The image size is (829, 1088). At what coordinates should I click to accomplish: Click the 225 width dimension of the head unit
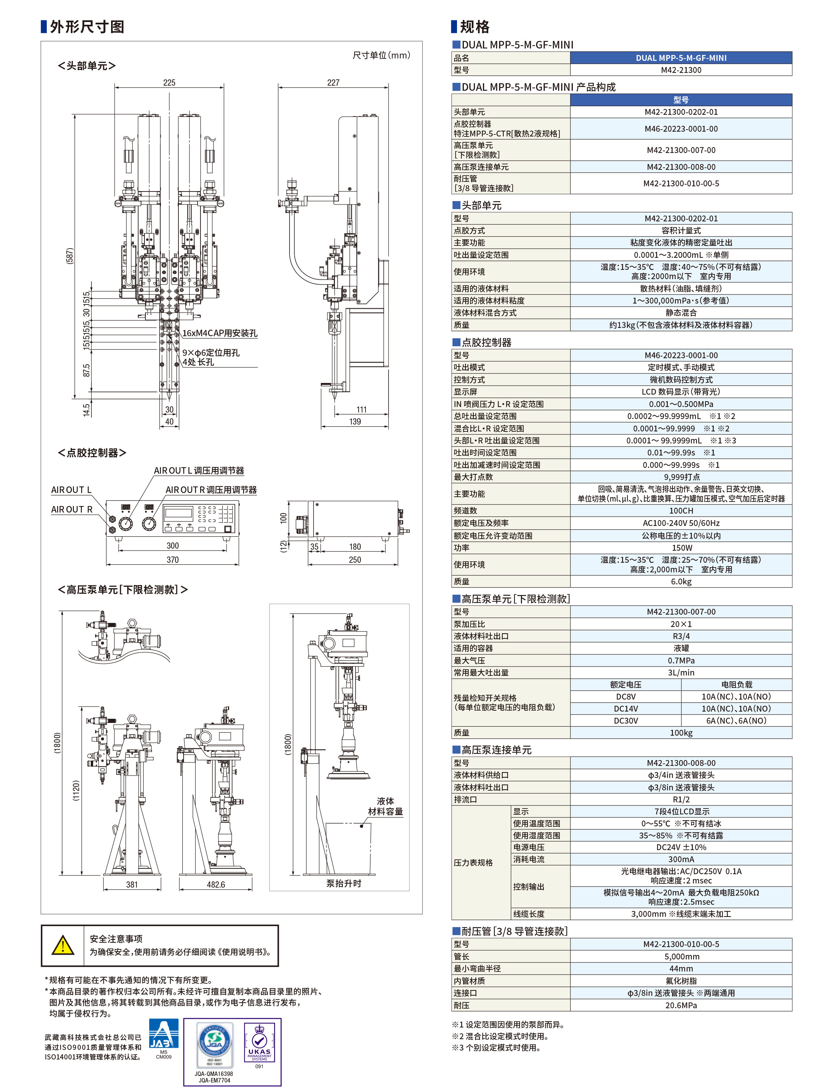(x=169, y=83)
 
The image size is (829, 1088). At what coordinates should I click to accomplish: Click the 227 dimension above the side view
(x=333, y=83)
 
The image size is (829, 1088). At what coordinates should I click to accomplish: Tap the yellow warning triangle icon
(x=63, y=945)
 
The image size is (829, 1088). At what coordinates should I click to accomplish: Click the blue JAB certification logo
(x=163, y=1034)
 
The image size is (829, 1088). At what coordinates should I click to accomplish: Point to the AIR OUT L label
(x=71, y=490)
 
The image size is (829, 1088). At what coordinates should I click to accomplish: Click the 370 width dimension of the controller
(x=173, y=560)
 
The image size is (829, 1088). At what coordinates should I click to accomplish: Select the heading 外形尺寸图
(x=87, y=26)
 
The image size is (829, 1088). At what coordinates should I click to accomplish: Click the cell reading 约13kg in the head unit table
(x=680, y=325)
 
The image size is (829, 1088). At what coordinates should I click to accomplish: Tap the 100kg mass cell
(x=680, y=733)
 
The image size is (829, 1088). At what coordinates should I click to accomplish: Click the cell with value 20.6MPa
(x=680, y=1005)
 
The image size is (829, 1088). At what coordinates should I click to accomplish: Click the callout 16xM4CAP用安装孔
(x=220, y=333)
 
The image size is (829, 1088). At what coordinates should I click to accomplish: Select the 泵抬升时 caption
(x=343, y=883)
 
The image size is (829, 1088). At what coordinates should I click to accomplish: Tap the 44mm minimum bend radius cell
(x=680, y=969)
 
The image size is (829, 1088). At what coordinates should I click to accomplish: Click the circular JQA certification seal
(x=214, y=1042)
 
